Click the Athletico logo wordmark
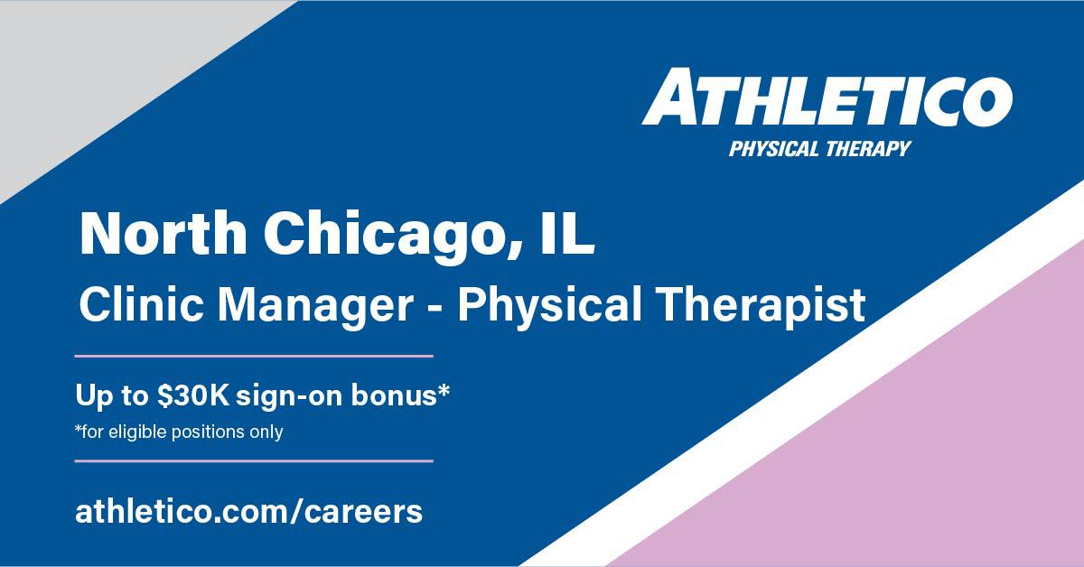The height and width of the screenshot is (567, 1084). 827,100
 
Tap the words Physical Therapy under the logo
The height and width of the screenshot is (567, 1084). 819,148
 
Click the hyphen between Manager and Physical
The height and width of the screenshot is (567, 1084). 435,308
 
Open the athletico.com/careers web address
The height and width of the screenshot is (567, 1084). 248,511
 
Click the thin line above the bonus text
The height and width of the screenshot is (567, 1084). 253,357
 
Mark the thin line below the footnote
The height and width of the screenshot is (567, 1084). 253,460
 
